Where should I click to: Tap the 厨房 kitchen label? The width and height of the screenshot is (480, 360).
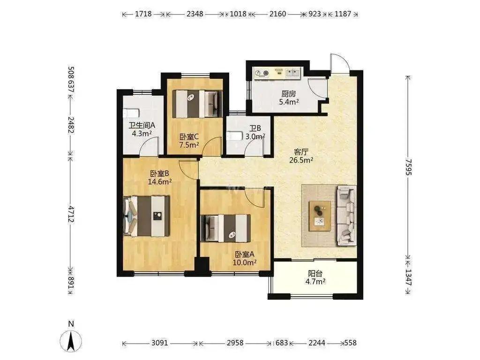click(x=289, y=94)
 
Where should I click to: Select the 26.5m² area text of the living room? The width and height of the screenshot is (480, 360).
click(x=301, y=160)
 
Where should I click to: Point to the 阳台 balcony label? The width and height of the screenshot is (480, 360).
click(x=315, y=273)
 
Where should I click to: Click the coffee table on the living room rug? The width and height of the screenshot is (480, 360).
click(x=320, y=216)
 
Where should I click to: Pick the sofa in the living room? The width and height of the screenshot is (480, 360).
click(x=346, y=215)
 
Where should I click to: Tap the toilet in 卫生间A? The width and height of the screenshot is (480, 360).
click(x=131, y=113)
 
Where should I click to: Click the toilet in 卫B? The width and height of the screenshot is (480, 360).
click(x=234, y=135)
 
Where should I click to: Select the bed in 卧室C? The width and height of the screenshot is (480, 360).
click(x=197, y=104)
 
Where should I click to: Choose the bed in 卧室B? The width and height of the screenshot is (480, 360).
click(x=146, y=216)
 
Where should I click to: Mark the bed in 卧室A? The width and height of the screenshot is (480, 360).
click(x=225, y=228)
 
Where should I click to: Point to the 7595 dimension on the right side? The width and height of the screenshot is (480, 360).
click(x=408, y=167)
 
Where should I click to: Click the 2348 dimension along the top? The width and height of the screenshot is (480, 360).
click(x=195, y=14)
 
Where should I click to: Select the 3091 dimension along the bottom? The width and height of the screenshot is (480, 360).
click(x=160, y=343)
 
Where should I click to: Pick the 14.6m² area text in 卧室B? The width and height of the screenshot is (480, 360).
click(x=160, y=182)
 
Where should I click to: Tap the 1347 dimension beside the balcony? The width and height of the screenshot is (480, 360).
click(x=408, y=277)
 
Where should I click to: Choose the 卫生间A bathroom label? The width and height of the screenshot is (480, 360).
click(x=142, y=126)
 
